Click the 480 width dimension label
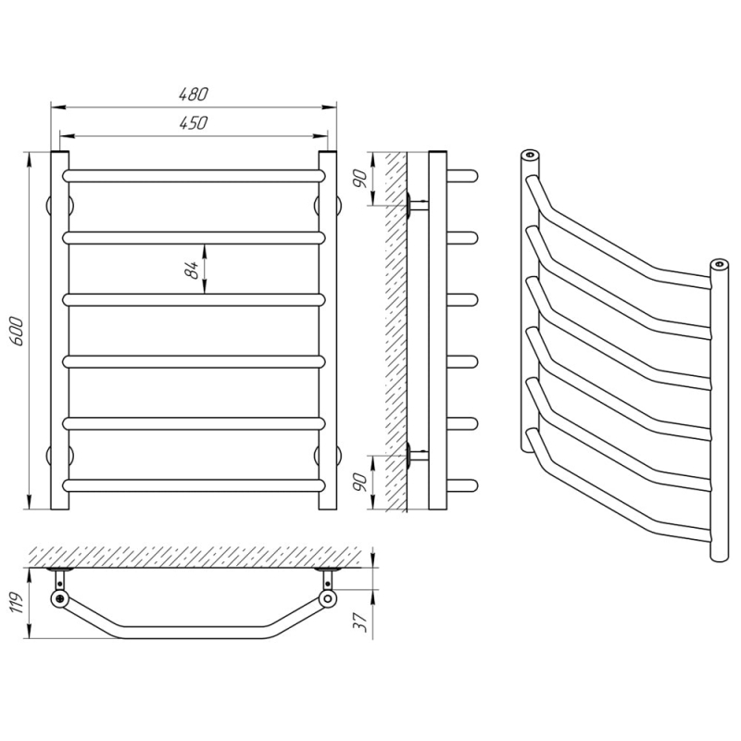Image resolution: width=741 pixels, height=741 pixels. click(x=194, y=94)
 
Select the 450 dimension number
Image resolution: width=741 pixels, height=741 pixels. click(x=194, y=122)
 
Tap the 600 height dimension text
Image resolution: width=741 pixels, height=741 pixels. click(x=17, y=331)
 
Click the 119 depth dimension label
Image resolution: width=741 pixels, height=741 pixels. click(x=17, y=603)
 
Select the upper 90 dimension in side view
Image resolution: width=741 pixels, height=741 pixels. click(x=361, y=179)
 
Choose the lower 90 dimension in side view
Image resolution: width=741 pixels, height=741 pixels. click(x=361, y=483)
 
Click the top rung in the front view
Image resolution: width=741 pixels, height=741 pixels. click(x=194, y=176)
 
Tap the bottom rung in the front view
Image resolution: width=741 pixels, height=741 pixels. click(x=194, y=485)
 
